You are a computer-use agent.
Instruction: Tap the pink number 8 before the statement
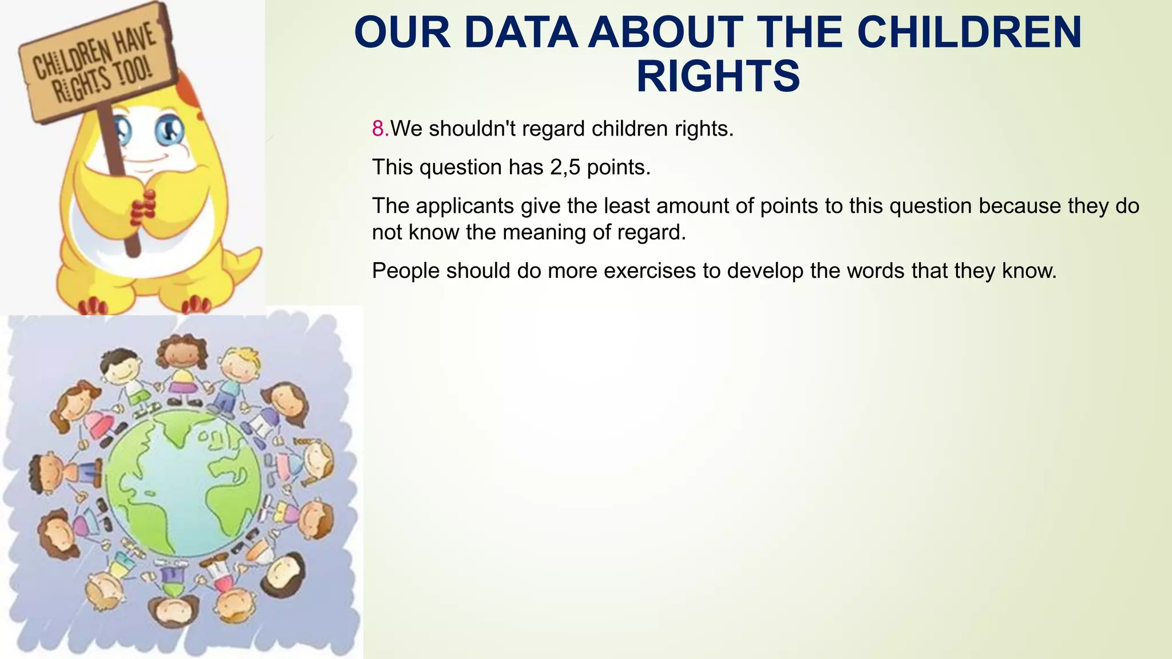378,129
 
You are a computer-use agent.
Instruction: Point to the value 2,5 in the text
565,168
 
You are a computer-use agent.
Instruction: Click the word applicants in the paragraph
465,206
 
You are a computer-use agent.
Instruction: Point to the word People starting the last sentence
405,271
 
